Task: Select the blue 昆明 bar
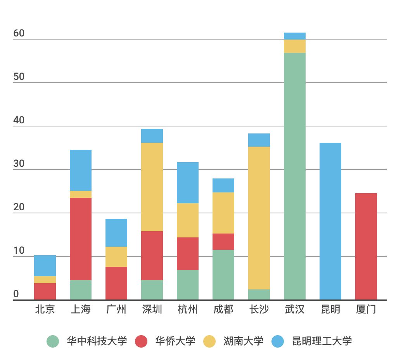330,221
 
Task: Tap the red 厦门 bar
366,246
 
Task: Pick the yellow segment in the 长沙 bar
259,218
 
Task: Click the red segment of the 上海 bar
81,239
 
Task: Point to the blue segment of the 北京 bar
45,266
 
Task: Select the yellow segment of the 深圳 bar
152,187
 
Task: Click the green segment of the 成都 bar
223,275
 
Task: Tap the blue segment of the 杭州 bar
188,183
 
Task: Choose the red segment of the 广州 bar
116,283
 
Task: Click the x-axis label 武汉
295,310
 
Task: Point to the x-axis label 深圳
152,310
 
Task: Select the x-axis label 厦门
366,310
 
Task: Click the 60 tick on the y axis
19,33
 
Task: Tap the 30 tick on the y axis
19,164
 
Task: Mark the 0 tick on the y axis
16,294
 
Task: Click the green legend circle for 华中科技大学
53,341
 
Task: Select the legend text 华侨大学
175,341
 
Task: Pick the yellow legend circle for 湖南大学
209,341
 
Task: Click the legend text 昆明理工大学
322,341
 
